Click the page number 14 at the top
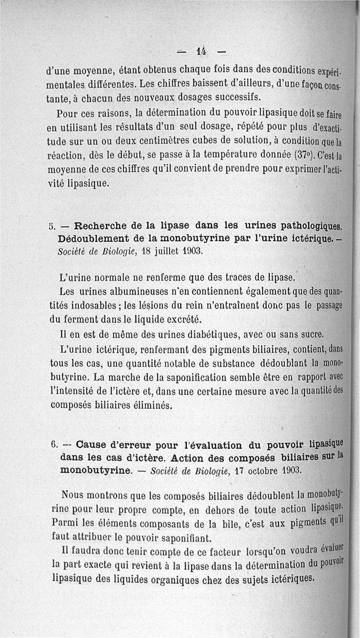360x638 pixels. pyautogui.click(x=201, y=51)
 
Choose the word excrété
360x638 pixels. pyautogui.click(x=180, y=319)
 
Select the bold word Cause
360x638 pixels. pyautogui.click(x=94, y=445)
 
